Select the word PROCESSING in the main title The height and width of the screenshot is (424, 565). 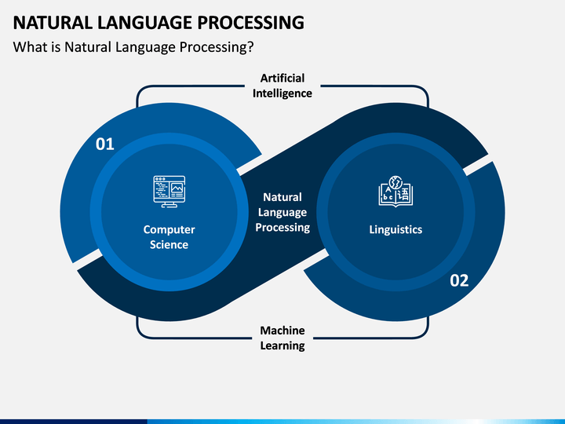tap(250, 22)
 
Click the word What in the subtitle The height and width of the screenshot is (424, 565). tap(29, 47)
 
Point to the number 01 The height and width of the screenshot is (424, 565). tap(104, 144)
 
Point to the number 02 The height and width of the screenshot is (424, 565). tap(459, 280)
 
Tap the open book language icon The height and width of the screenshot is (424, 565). tap(395, 191)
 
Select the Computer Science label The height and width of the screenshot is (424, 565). tap(169, 237)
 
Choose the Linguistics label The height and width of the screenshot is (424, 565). tap(395, 229)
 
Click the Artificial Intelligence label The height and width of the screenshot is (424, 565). tap(282, 86)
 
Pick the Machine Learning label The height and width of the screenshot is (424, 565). tap(282, 338)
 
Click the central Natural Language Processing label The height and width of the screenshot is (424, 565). tap(282, 212)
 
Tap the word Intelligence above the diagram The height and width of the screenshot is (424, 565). tap(282, 93)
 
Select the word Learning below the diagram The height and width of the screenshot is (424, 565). tap(282, 346)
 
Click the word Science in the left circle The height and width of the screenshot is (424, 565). tap(169, 245)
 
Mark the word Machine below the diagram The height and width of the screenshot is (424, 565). tap(282, 331)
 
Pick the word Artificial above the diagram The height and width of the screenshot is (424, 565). tap(282, 78)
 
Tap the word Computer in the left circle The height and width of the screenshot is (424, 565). tap(169, 229)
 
